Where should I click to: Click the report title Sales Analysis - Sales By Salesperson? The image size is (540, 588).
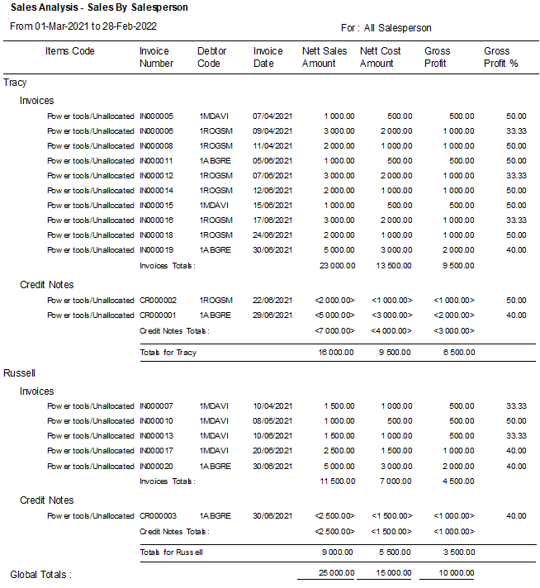[x=99, y=7]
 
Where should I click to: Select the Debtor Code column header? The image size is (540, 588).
[x=211, y=57]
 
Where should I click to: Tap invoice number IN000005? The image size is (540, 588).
[x=156, y=116]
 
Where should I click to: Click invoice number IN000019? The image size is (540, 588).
[x=156, y=250]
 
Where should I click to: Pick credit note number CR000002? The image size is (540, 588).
[x=158, y=301]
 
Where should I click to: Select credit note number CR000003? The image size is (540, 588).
[x=158, y=516]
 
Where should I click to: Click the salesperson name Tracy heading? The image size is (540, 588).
[x=15, y=83]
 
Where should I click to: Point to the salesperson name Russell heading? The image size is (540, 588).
[x=20, y=373]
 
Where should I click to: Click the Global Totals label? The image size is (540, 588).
[x=40, y=574]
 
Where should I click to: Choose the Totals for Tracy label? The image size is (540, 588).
[x=168, y=353]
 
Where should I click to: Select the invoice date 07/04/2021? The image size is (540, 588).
[x=272, y=116]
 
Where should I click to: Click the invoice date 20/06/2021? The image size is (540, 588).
[x=272, y=451]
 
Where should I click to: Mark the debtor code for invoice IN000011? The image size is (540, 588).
[x=216, y=161]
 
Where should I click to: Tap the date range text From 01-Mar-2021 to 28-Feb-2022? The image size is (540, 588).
[x=84, y=26]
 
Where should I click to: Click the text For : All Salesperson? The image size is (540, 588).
[x=386, y=28]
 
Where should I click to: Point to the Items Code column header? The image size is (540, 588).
[x=69, y=51]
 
